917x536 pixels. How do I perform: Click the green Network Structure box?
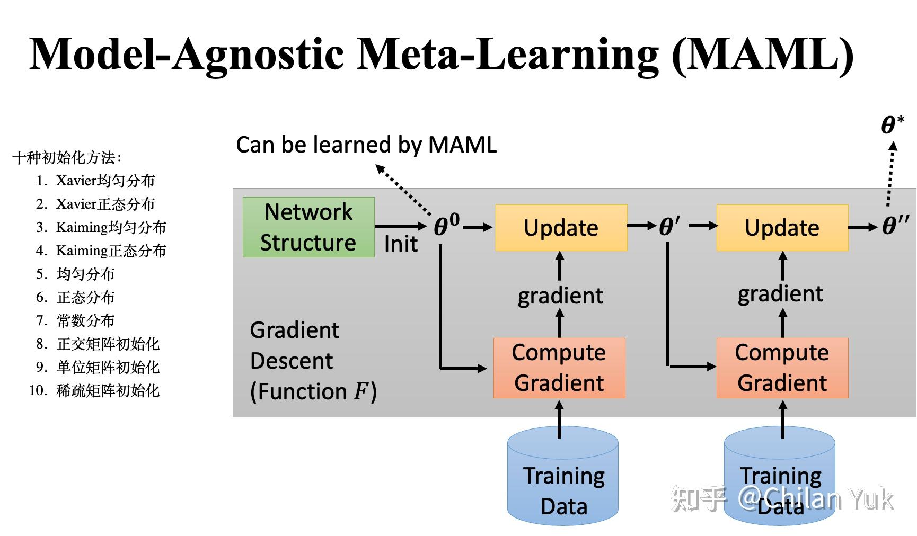point(308,227)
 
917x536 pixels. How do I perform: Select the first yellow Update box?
point(561,228)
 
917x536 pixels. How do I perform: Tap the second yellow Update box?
point(782,228)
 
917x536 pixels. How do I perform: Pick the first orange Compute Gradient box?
point(559,368)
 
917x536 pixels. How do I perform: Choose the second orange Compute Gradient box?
point(782,368)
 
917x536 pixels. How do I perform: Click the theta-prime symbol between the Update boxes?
point(669,227)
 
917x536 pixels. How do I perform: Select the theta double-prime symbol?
point(895,226)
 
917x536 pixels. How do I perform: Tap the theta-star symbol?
point(892,126)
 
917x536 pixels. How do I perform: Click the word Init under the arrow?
point(400,244)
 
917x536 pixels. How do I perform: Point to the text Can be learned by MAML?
point(366,145)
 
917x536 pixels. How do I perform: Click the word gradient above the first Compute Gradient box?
point(560,296)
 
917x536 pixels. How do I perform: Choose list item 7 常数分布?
point(85,320)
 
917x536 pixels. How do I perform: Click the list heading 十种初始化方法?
point(67,157)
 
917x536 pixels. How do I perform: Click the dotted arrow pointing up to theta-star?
point(891,175)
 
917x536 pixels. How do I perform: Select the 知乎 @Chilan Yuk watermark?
point(782,499)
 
